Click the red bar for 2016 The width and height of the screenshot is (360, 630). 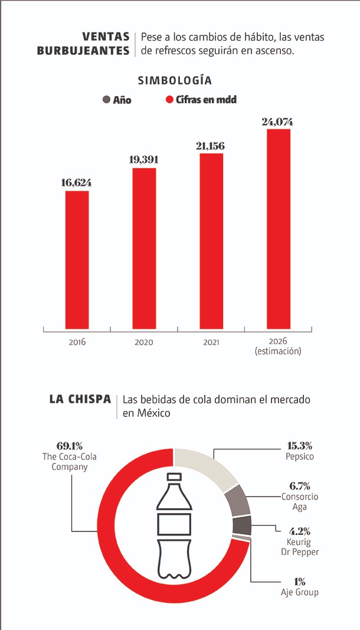(x=77, y=260)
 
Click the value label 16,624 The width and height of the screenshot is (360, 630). (x=77, y=183)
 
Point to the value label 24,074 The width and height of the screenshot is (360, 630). (x=277, y=122)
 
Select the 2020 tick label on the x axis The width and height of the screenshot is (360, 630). (x=144, y=342)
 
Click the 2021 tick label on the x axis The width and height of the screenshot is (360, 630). (x=211, y=342)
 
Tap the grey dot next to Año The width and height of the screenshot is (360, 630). (x=107, y=100)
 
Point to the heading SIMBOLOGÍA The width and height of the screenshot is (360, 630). (x=175, y=80)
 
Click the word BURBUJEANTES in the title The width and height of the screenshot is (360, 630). (x=83, y=51)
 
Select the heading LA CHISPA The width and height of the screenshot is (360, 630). (x=80, y=400)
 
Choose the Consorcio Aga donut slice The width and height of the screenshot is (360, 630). (x=238, y=500)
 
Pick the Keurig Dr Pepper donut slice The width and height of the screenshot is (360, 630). (x=242, y=525)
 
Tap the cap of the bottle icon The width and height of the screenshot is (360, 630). (x=175, y=477)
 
